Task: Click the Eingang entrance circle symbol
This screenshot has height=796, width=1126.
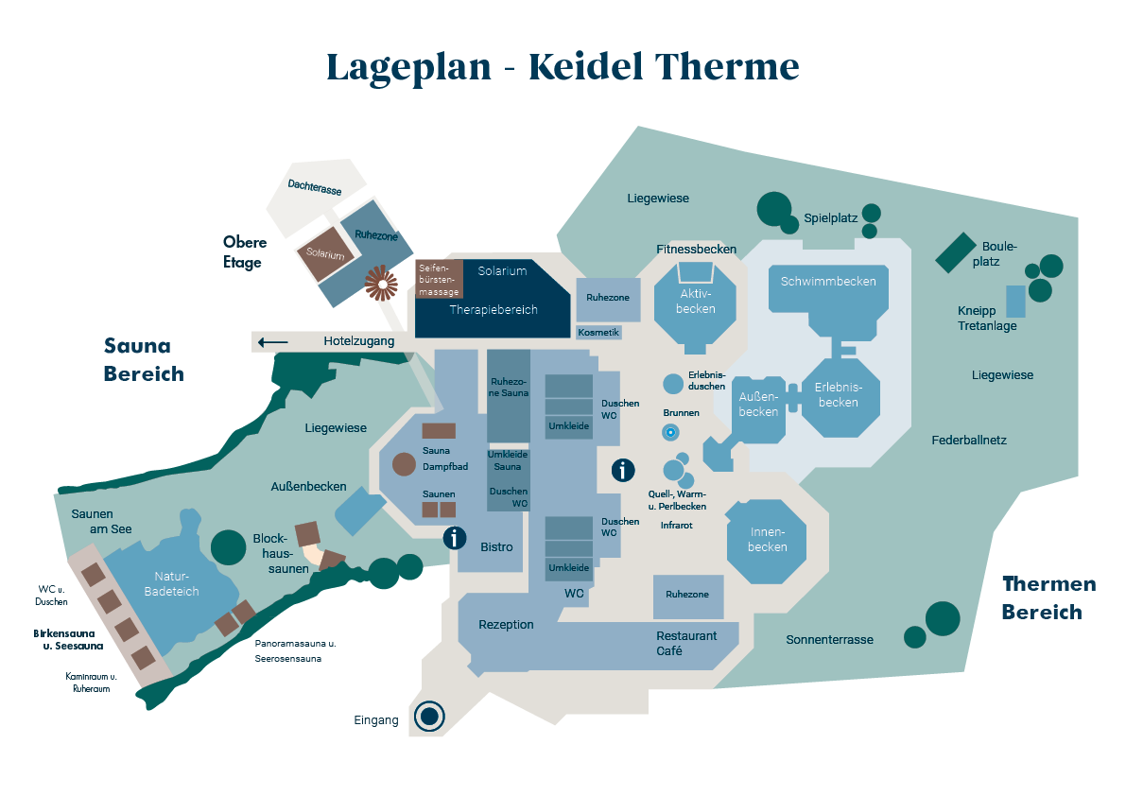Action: (429, 717)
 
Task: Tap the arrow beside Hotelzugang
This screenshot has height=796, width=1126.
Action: (273, 341)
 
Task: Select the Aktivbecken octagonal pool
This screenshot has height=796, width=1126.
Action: (696, 303)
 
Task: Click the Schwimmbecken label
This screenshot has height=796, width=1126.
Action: (828, 281)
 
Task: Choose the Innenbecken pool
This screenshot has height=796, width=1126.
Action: (767, 541)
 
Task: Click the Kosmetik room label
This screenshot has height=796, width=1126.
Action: (598, 332)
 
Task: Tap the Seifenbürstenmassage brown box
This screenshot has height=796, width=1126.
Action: (439, 280)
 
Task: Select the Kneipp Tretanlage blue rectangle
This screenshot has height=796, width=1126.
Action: (1015, 301)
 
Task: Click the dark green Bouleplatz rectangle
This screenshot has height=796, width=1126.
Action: (956, 252)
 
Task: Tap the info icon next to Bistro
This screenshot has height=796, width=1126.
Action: (456, 538)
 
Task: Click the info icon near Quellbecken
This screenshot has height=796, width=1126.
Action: (623, 469)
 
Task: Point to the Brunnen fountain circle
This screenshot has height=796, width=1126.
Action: (670, 432)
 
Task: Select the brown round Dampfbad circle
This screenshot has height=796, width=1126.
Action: (404, 463)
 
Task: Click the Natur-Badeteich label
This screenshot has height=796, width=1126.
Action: (173, 583)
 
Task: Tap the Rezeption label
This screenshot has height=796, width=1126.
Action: (506, 625)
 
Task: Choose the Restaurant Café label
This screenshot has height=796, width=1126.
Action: (686, 643)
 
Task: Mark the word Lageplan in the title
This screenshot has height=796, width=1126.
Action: (408, 68)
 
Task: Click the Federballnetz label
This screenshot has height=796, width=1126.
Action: (969, 441)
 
